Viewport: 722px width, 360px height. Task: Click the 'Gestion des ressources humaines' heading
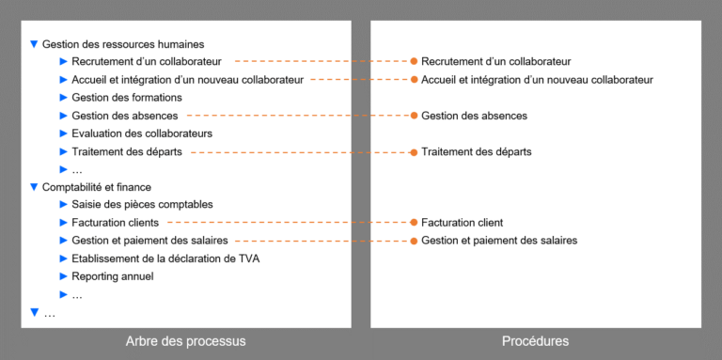tap(123, 44)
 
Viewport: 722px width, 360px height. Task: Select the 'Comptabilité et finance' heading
tap(97, 187)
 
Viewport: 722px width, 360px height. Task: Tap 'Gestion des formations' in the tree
tap(127, 98)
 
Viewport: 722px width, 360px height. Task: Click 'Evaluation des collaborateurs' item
tap(142, 133)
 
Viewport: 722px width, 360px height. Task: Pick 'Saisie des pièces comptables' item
tap(142, 205)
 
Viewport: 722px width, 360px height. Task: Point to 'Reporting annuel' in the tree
tap(112, 276)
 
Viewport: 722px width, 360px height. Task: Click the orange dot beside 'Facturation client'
tap(413, 223)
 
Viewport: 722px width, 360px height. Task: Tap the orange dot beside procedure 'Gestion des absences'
tap(413, 116)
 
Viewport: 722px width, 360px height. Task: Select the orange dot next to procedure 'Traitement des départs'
tap(413, 151)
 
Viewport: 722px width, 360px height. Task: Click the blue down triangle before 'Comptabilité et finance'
tap(35, 187)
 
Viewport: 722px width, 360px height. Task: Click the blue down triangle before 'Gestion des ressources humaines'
tap(35, 44)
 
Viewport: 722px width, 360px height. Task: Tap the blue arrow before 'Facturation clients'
tap(64, 223)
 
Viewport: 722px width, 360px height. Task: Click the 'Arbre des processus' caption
tap(185, 341)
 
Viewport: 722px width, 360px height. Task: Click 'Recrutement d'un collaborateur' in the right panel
tap(495, 62)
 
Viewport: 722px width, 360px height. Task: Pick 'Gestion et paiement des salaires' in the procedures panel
tap(499, 241)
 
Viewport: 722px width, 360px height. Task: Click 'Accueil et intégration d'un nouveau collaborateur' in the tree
tap(187, 80)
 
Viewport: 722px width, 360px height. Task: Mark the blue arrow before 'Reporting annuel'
tap(64, 276)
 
